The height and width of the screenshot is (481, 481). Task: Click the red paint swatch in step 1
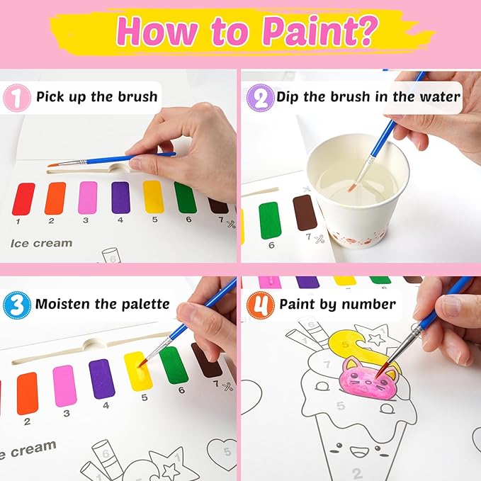(x=23, y=199)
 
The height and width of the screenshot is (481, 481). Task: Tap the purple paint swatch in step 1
(x=120, y=198)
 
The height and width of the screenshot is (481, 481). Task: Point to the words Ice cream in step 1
(x=41, y=243)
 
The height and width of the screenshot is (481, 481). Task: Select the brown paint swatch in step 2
(x=305, y=213)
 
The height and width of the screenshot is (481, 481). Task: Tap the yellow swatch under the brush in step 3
(x=137, y=371)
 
